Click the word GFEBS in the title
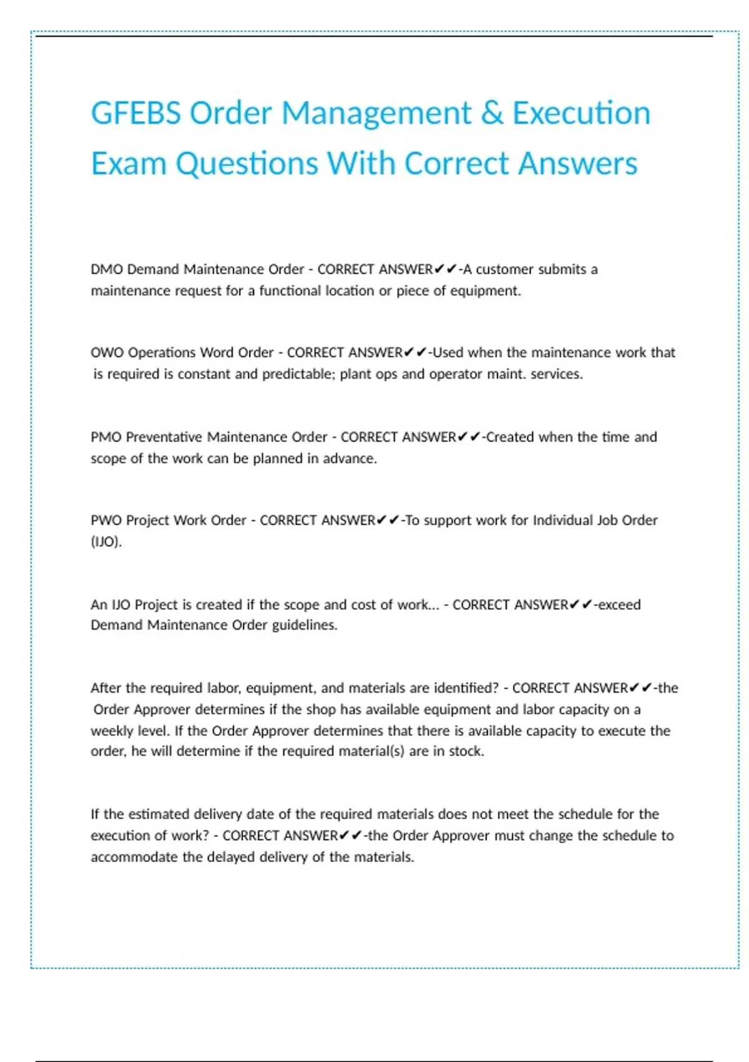136,114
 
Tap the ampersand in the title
492,114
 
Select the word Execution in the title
581,114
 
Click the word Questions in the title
247,164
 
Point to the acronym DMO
106,269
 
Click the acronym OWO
107,352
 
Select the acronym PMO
106,437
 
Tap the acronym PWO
106,520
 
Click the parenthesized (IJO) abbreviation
106,542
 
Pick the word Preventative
164,437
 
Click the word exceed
619,605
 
